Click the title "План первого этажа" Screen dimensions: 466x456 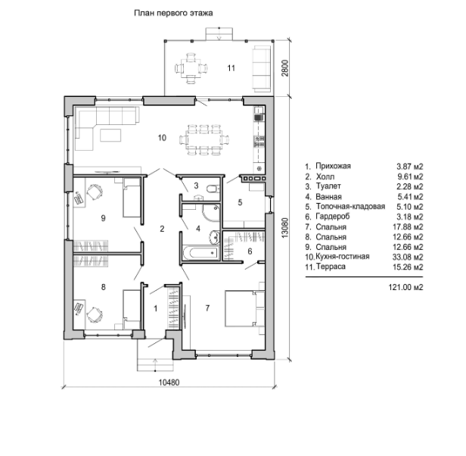pos(173,14)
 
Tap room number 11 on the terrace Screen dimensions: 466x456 pos(231,68)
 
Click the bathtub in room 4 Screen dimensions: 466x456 pos(200,253)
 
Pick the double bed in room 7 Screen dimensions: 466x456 pos(244,308)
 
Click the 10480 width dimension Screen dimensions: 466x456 pos(169,383)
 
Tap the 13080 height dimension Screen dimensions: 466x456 pos(284,228)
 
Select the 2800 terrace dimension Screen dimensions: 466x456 pos(284,68)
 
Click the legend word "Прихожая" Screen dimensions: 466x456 pos(333,166)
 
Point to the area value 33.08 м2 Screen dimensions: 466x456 pos(408,257)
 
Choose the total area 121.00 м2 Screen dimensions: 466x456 pos(405,287)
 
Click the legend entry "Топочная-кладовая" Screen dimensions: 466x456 pos(350,206)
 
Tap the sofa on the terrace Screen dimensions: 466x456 pos(262,69)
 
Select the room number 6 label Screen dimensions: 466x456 pos(250,251)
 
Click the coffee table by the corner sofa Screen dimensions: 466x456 pos(110,135)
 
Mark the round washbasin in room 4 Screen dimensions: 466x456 pos(214,237)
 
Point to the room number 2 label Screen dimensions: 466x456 pos(162,229)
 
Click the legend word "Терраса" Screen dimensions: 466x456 pos(331,267)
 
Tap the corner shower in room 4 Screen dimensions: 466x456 pos(211,212)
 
